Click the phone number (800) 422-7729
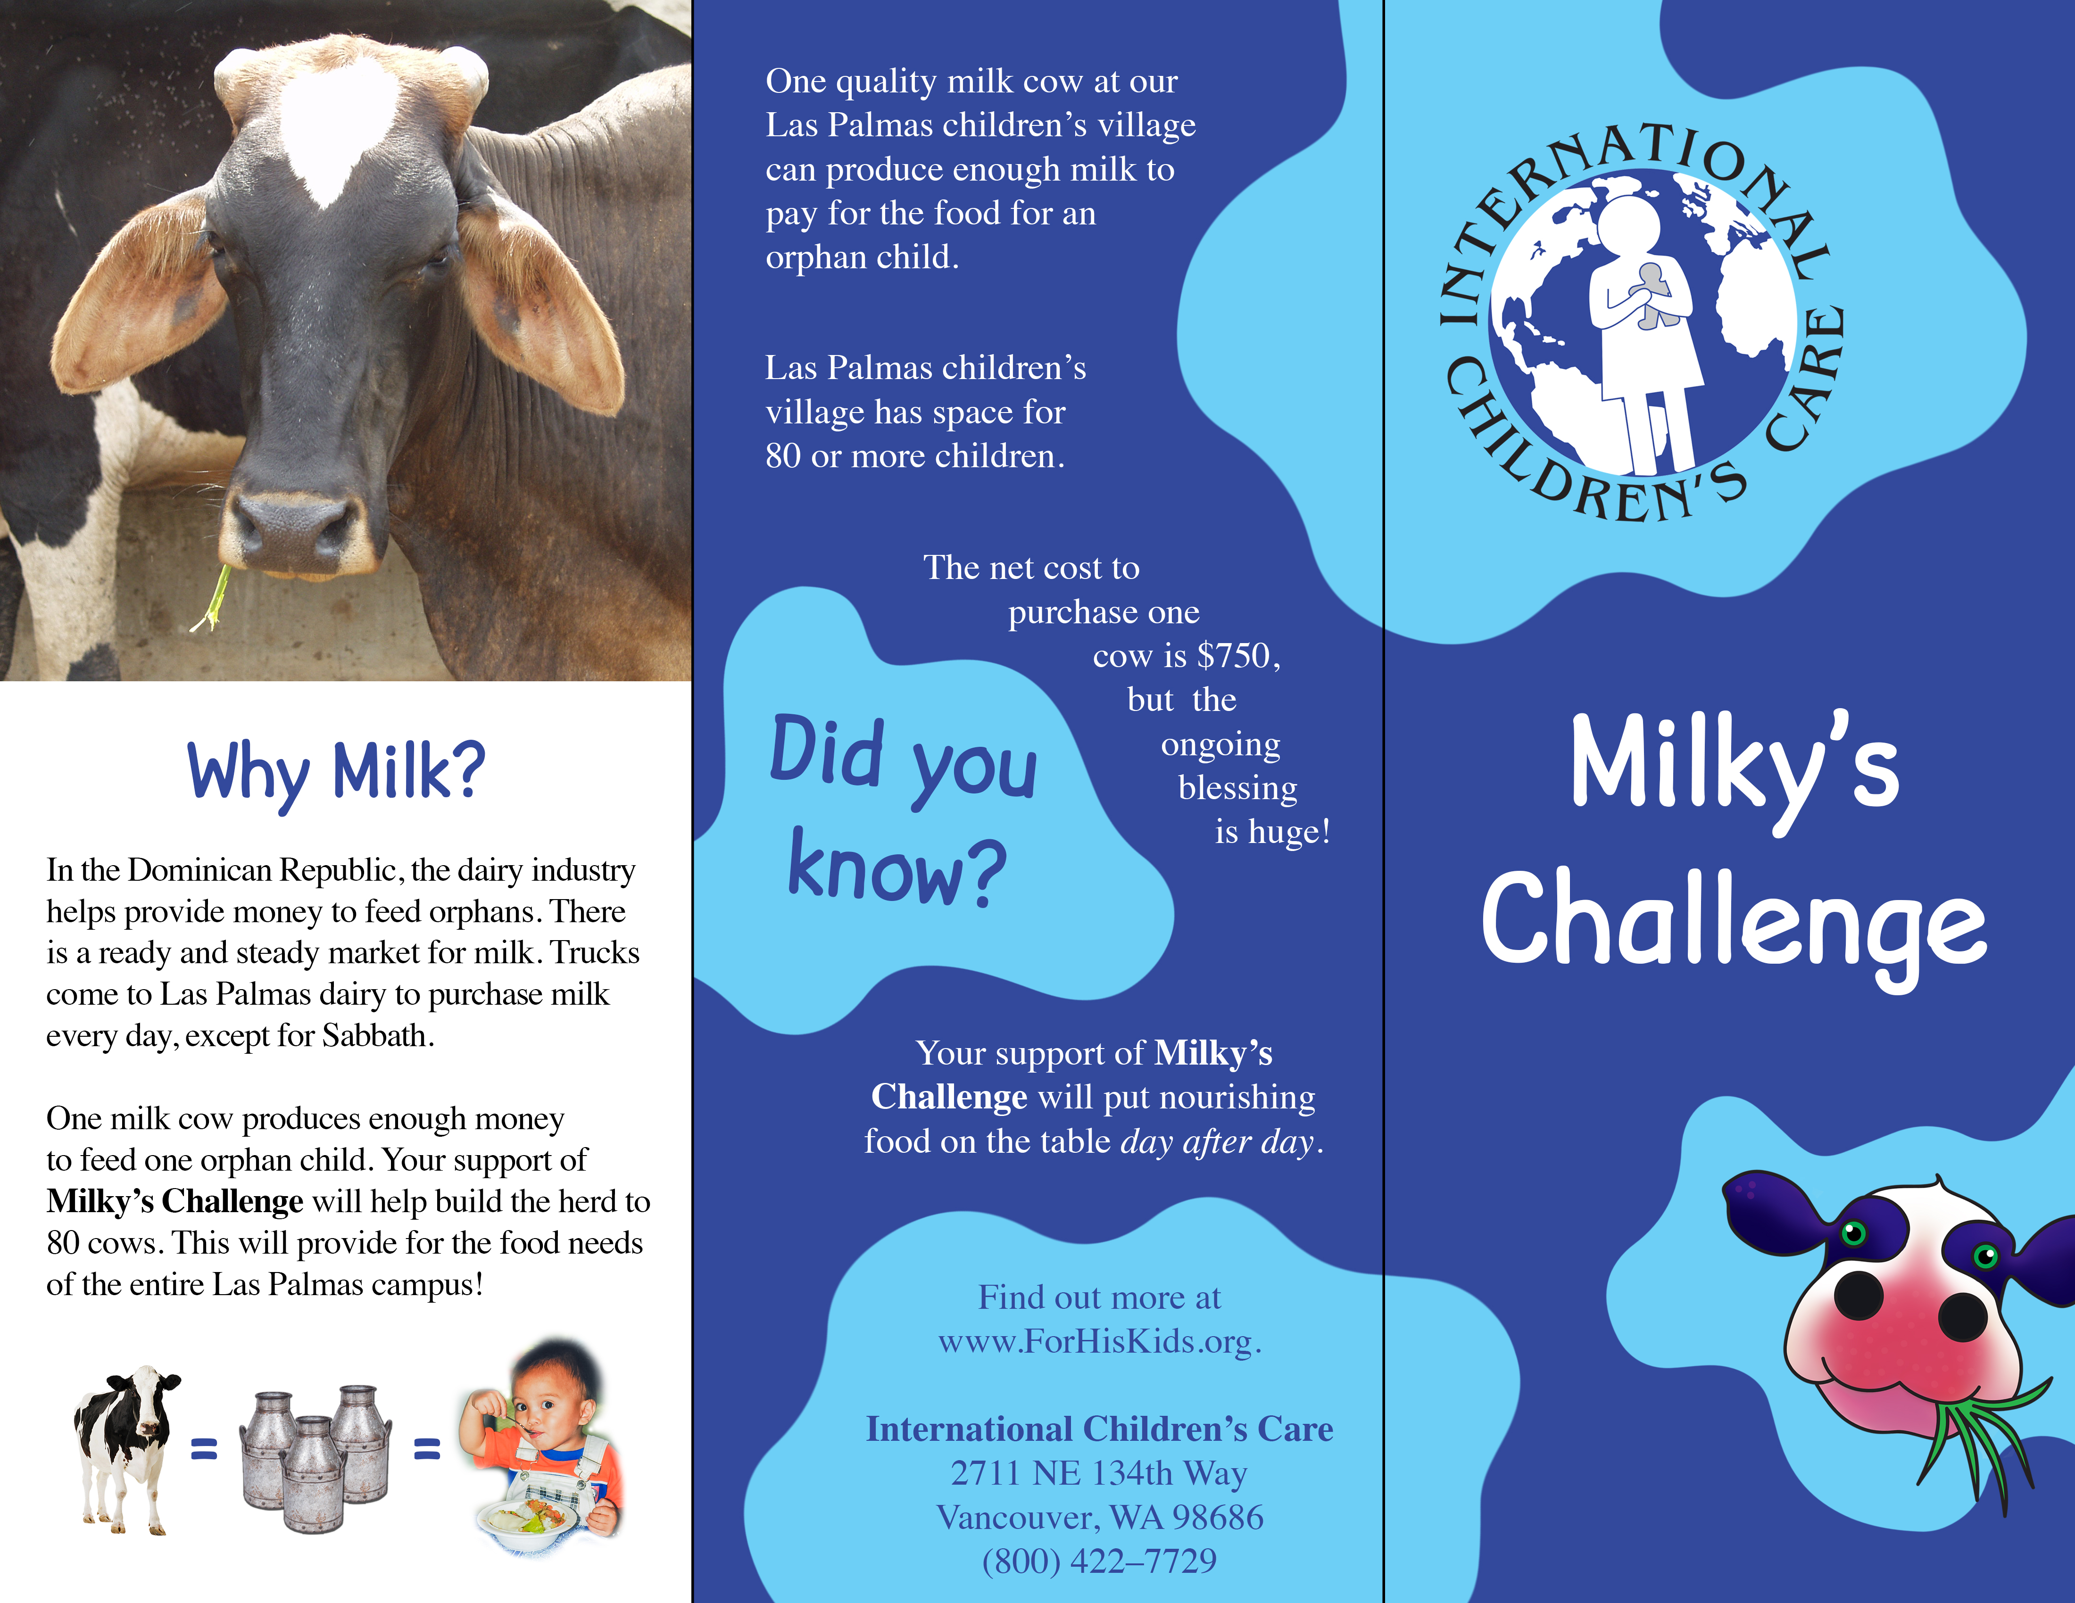[1099, 1560]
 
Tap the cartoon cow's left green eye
[1853, 1233]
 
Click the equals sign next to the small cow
[204, 1448]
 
